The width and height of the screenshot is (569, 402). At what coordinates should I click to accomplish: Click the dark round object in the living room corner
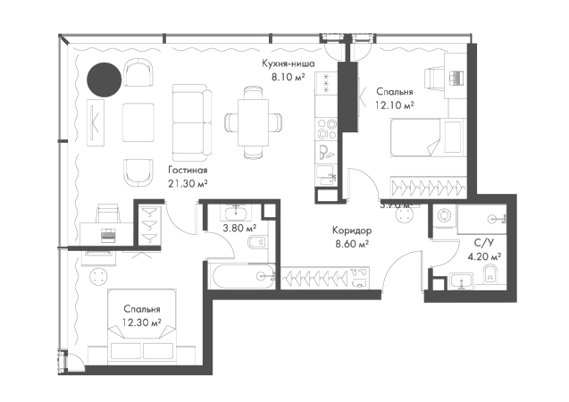pos(104,82)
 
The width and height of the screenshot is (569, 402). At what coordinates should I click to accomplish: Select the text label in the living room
pos(188,176)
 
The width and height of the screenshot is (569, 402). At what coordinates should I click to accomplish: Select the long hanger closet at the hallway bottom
pos(325,278)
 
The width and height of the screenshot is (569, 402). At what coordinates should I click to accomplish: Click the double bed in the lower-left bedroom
pos(143,317)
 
